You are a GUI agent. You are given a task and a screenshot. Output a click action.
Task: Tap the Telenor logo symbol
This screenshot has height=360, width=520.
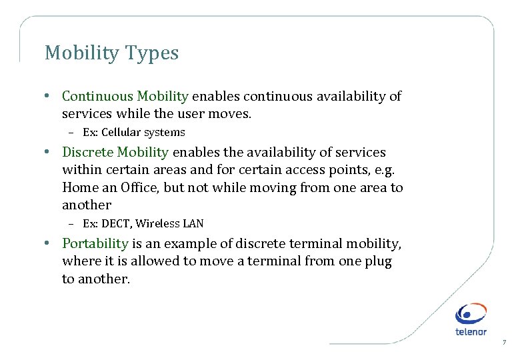[471, 313]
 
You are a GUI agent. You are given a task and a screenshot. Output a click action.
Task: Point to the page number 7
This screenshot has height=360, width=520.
[504, 343]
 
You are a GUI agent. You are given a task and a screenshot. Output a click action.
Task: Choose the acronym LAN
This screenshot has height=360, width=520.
[193, 223]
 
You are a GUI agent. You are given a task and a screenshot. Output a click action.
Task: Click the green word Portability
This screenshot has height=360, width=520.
[95, 244]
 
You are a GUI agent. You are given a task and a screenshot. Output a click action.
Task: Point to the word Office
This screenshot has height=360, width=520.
[139, 188]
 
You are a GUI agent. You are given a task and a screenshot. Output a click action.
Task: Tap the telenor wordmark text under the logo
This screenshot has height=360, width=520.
[471, 331]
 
